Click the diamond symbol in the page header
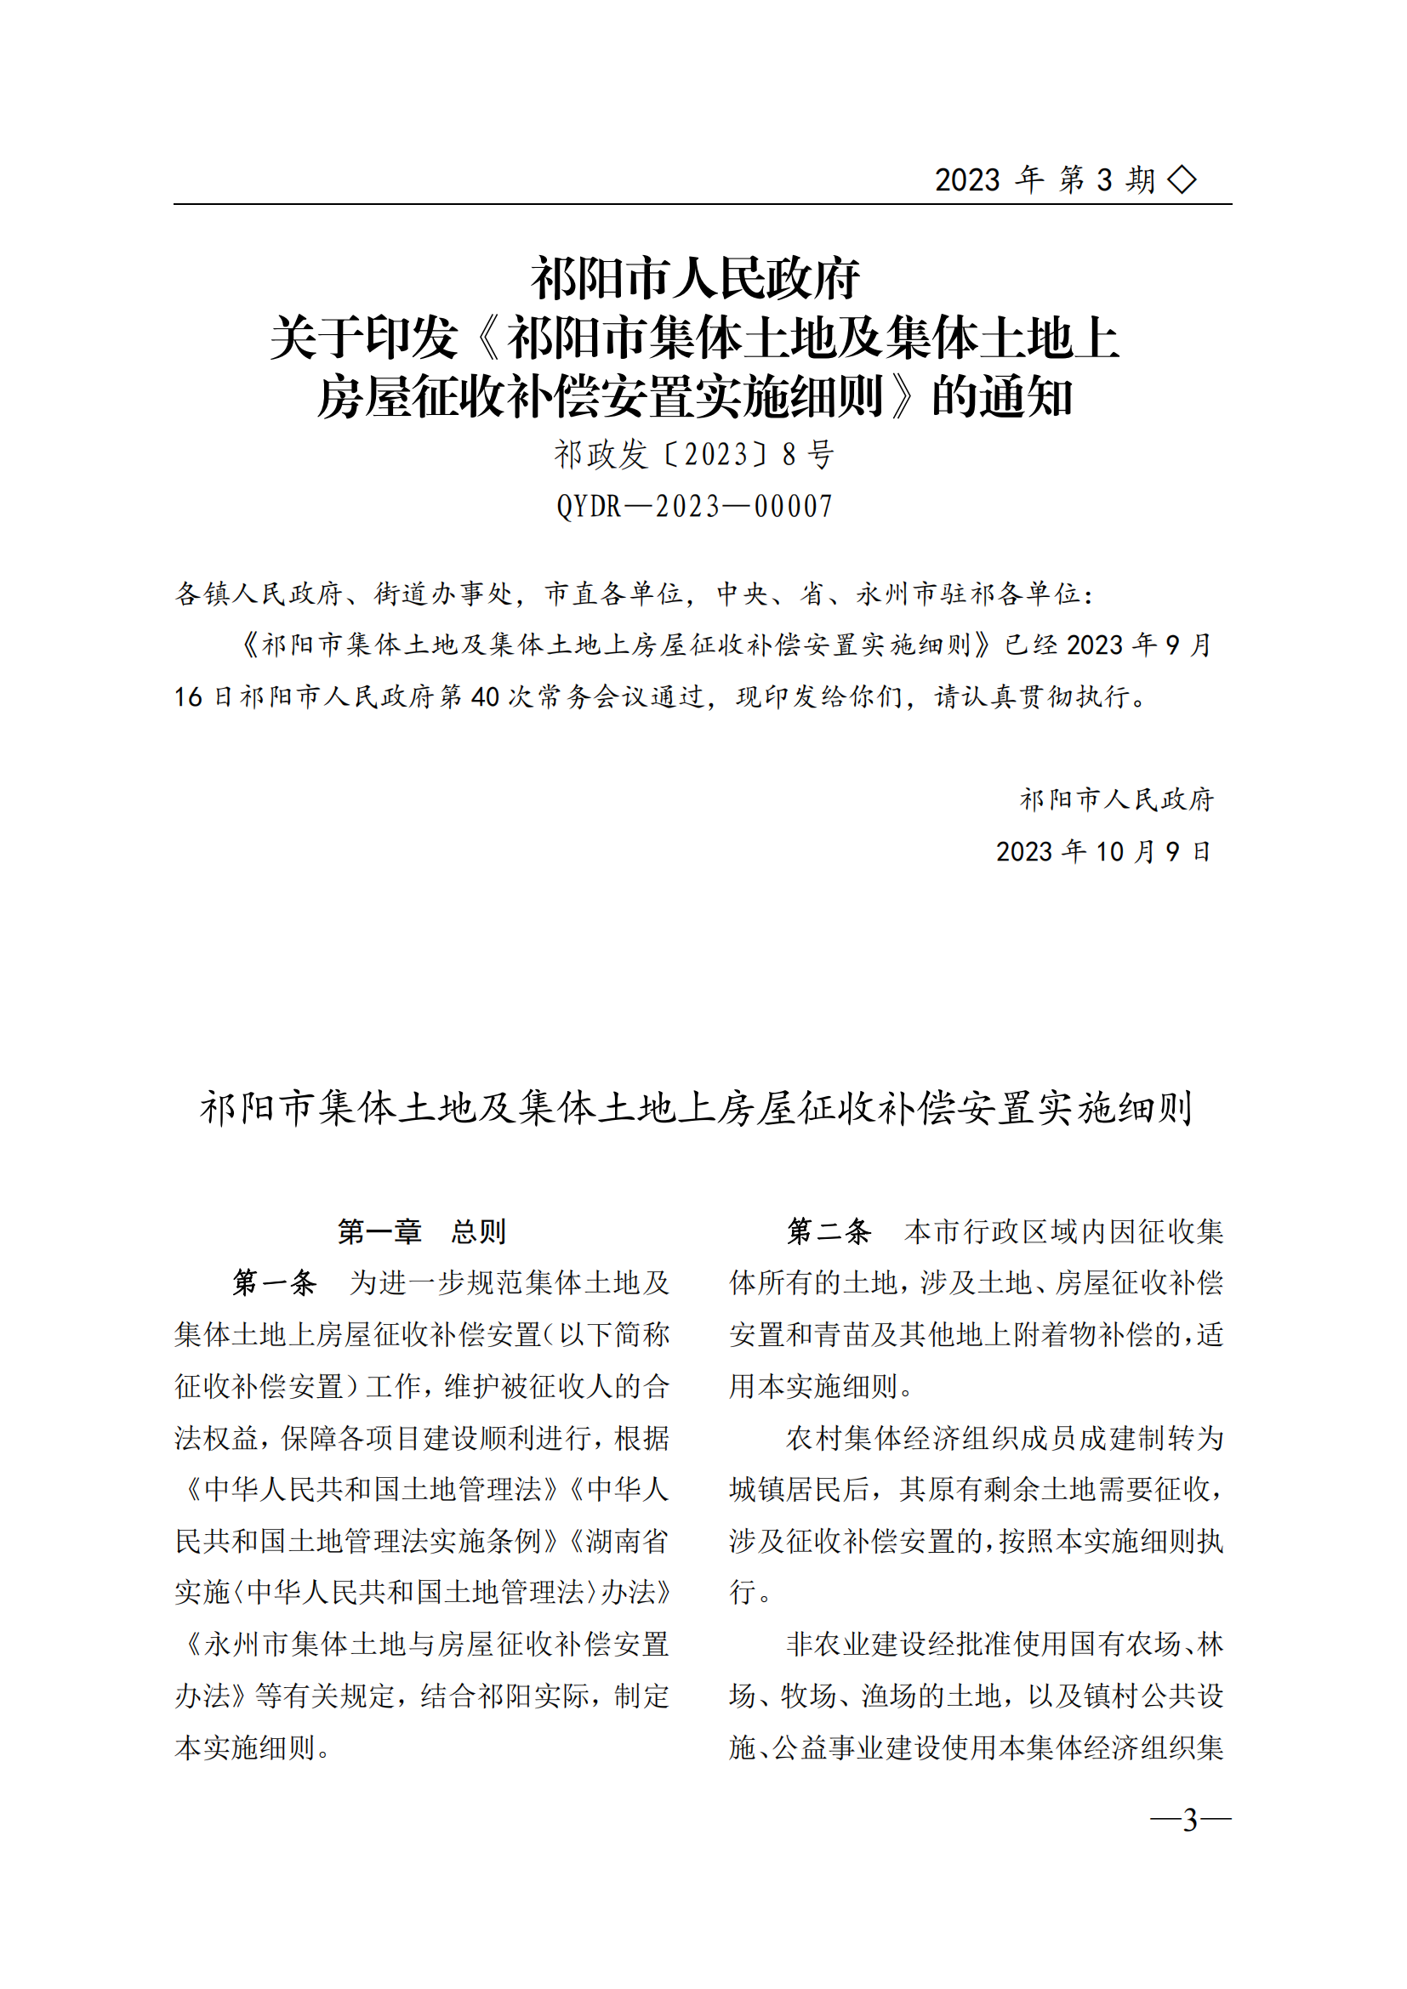coord(1182,180)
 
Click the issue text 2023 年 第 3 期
coord(1044,180)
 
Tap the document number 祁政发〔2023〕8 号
coord(694,454)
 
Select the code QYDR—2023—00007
coord(694,506)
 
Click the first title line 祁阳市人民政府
coord(695,279)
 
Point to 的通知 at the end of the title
coord(1002,398)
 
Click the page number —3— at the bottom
coord(1189,1819)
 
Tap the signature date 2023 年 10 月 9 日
coord(1103,851)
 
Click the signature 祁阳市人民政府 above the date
coord(1117,798)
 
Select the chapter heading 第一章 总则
coord(422,1231)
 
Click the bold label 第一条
coord(274,1283)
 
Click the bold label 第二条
coord(829,1231)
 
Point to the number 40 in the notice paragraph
coord(485,696)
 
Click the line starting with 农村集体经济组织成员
coord(1004,1438)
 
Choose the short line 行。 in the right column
coord(749,1592)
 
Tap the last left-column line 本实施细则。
coord(252,1747)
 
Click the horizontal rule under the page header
coord(702,204)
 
